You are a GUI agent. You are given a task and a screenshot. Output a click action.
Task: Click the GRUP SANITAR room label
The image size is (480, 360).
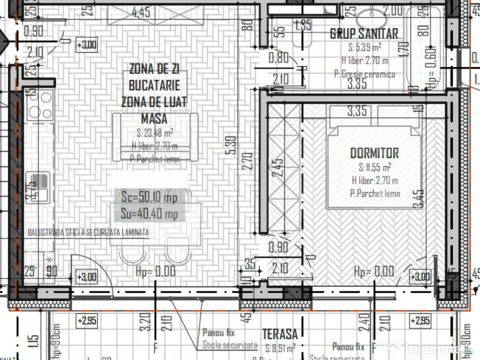[364, 33]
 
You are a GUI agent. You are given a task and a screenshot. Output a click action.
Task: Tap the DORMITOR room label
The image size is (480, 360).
[375, 153]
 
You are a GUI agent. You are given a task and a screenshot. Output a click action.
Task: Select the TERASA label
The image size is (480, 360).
[279, 334]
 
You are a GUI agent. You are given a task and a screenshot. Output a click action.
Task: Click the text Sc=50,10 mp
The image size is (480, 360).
[146, 198]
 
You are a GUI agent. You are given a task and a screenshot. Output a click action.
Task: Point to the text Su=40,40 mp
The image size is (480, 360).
[146, 215]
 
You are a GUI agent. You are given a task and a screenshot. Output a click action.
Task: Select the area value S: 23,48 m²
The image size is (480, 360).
[154, 132]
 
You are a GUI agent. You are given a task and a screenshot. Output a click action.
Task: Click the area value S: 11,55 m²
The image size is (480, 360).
[375, 167]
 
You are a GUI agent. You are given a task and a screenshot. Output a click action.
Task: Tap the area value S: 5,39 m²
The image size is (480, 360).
[364, 47]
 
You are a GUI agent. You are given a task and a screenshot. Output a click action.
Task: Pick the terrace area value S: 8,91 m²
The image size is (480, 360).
[280, 348]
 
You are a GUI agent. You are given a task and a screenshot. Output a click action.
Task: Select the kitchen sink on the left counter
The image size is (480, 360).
[38, 187]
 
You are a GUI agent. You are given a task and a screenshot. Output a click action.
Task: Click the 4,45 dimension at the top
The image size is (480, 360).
[141, 13]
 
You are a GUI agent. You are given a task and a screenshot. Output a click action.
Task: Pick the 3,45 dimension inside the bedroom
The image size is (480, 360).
[419, 199]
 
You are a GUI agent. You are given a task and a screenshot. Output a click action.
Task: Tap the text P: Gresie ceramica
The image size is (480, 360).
[364, 74]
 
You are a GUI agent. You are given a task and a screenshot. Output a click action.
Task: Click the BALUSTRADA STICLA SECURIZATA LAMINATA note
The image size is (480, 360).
[88, 232]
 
